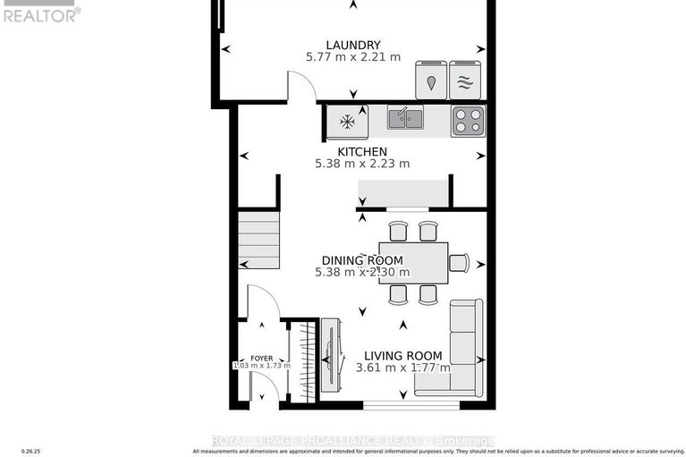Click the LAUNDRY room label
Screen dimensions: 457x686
click(x=352, y=45)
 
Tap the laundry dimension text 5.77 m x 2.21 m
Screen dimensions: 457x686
click(x=352, y=57)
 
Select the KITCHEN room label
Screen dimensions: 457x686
click(x=361, y=151)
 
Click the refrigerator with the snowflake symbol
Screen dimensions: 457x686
click(x=344, y=120)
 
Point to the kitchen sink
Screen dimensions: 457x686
click(x=405, y=118)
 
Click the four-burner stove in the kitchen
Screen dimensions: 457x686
click(x=467, y=119)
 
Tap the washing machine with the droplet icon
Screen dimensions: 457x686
click(x=432, y=80)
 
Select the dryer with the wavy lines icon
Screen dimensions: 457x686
click(x=464, y=80)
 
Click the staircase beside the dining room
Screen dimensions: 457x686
click(x=258, y=239)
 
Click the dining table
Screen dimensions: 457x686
click(x=412, y=263)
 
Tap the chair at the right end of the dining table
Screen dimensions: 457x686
click(x=459, y=262)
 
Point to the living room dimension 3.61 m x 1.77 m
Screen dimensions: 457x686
click(x=402, y=368)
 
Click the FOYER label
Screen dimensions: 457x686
click(x=261, y=357)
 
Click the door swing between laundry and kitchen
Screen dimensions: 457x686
click(x=301, y=88)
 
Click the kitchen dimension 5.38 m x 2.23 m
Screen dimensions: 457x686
click(x=361, y=164)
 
